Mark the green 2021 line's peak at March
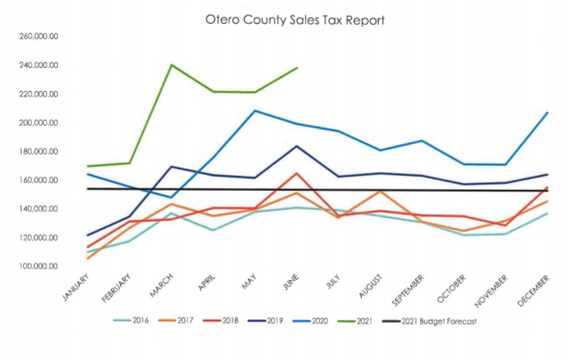(x=171, y=65)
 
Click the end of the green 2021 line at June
(x=298, y=67)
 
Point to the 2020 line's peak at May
(x=255, y=110)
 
